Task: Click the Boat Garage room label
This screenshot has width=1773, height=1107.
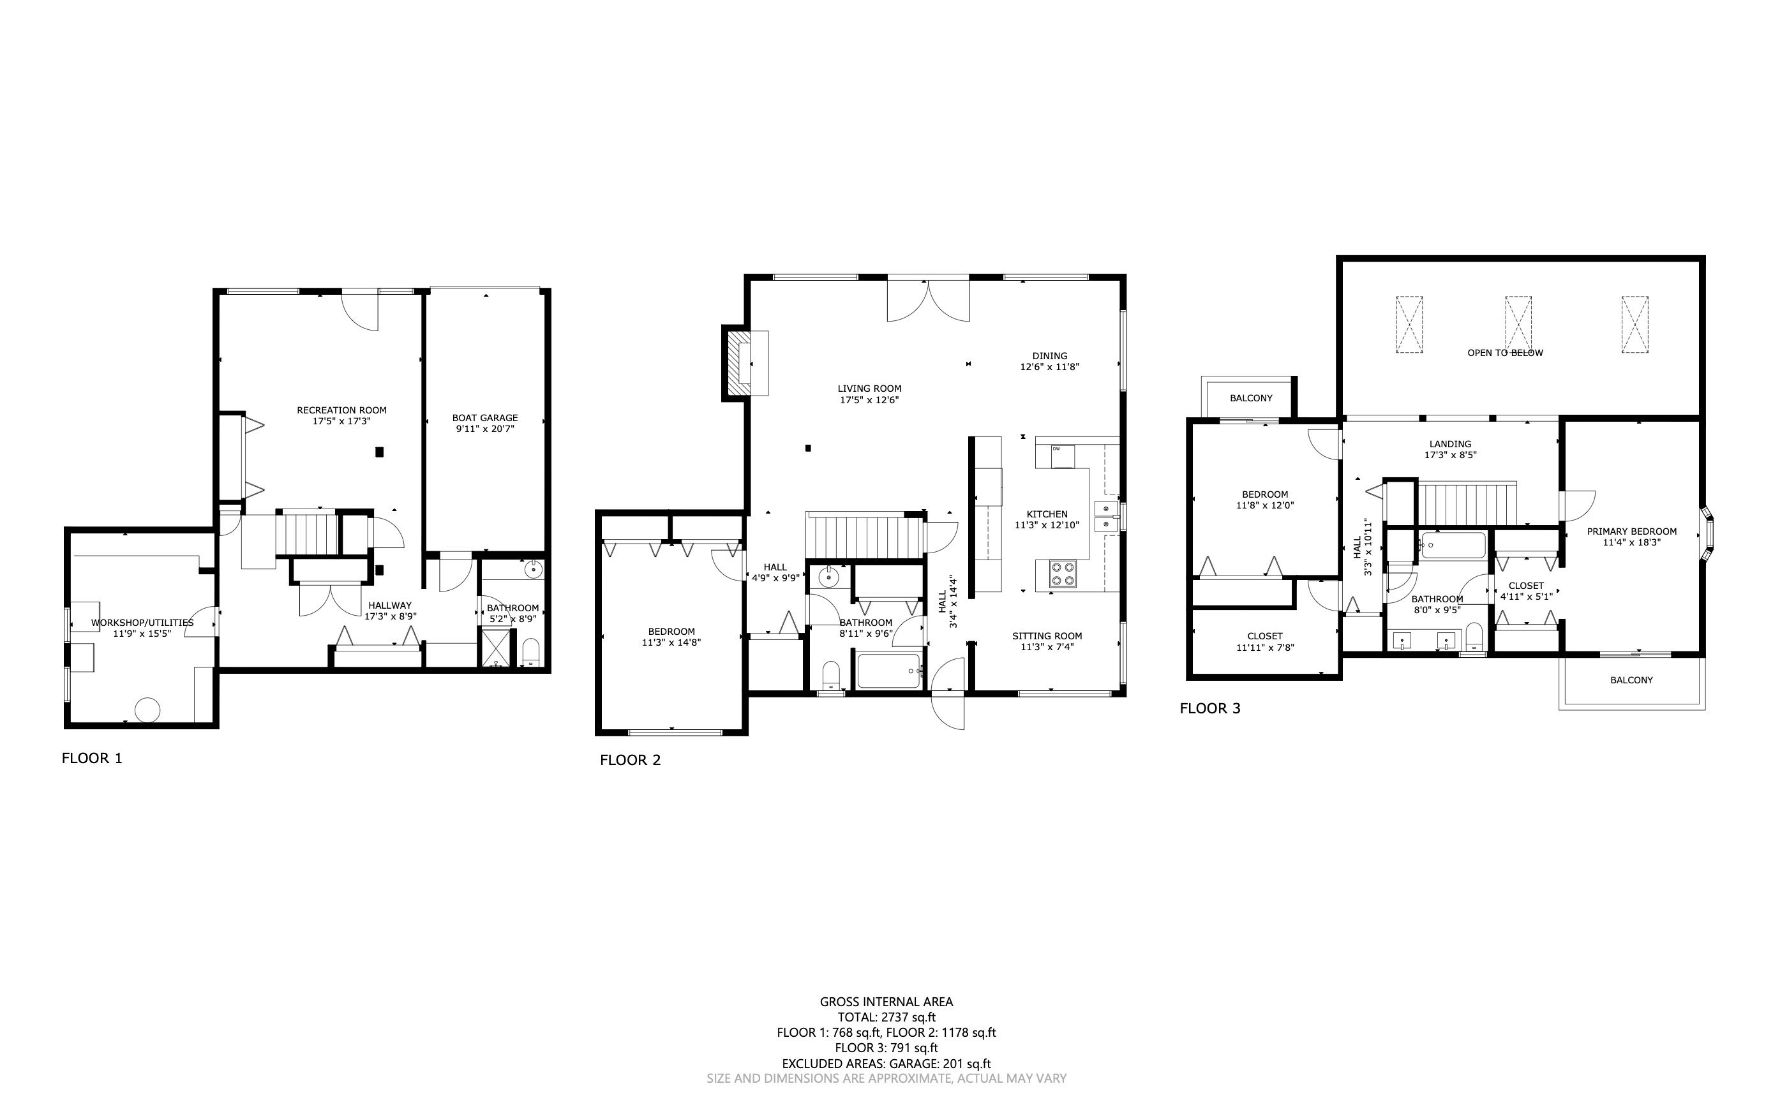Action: [485, 418]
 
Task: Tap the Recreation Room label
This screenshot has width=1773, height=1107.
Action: [341, 410]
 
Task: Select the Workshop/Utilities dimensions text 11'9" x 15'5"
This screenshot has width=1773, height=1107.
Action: [142, 634]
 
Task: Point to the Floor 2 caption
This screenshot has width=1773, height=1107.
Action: [630, 760]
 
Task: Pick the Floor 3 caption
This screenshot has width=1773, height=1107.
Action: [1210, 708]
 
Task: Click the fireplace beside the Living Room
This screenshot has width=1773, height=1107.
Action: [746, 363]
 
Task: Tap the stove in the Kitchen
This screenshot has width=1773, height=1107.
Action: [1063, 573]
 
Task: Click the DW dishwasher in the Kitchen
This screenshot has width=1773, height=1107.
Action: [1062, 456]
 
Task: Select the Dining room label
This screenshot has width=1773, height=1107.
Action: [1049, 356]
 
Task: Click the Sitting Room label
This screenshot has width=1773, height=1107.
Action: [1047, 635]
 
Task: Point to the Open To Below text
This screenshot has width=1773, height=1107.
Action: [1505, 353]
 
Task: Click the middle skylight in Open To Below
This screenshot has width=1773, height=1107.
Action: [1518, 324]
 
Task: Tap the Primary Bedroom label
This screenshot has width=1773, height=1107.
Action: [1632, 531]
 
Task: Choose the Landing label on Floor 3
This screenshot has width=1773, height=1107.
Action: [1450, 443]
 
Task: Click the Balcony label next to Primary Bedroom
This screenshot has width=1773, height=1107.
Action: [1631, 680]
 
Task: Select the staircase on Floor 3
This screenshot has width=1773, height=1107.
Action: [1466, 503]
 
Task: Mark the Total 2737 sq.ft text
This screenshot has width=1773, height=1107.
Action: [886, 1017]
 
